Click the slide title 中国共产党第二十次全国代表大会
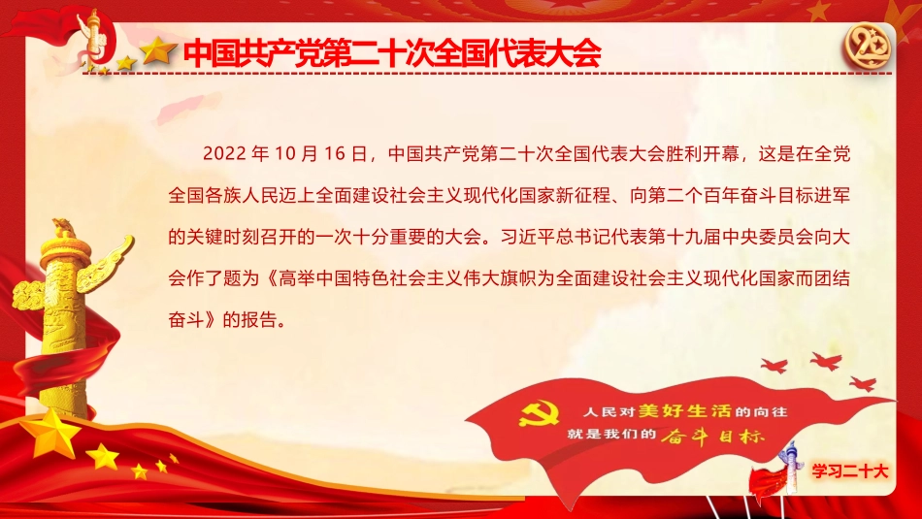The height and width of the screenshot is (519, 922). point(392,52)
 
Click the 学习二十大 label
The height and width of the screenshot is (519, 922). point(851,470)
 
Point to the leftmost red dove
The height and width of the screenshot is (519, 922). point(774,366)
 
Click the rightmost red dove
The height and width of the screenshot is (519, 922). point(862,383)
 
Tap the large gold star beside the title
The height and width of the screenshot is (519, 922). point(158,50)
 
